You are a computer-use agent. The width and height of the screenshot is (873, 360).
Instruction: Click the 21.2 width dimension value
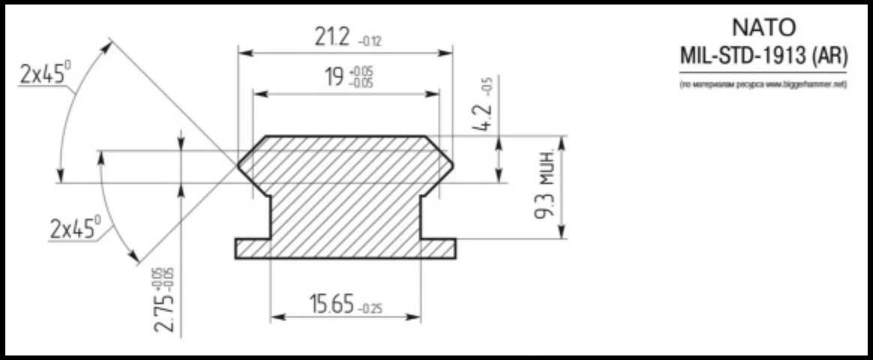331,37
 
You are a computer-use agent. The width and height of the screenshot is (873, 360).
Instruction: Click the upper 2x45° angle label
46,73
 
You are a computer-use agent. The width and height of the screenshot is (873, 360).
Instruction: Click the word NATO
763,28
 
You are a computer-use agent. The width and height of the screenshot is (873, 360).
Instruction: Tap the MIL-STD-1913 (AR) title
763,55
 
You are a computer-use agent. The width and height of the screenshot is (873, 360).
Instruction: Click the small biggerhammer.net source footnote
763,85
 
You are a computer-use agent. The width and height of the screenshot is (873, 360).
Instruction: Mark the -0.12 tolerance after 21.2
370,42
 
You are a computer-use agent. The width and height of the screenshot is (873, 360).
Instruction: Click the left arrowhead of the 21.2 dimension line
243,53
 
